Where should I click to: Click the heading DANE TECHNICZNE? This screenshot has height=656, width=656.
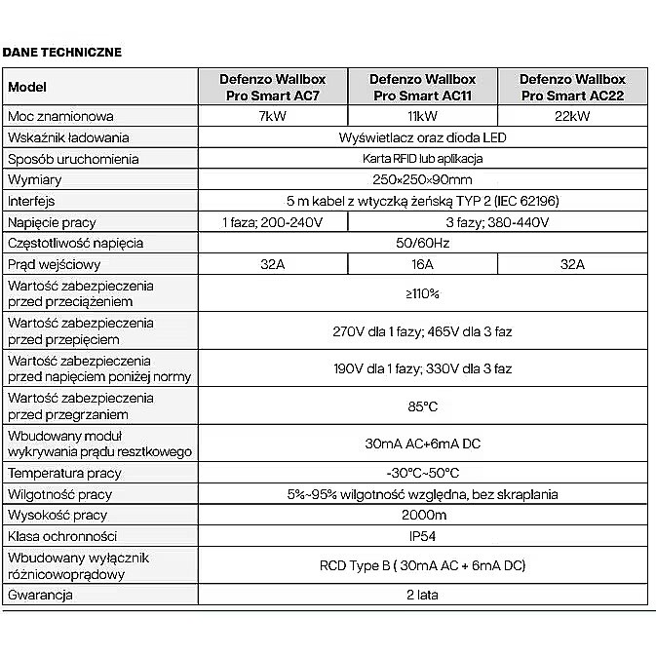pyautogui.click(x=62, y=53)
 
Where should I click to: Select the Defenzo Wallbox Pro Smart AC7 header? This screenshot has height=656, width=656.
pyautogui.click(x=273, y=87)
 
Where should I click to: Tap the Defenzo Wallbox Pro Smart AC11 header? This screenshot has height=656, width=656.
pyautogui.click(x=423, y=87)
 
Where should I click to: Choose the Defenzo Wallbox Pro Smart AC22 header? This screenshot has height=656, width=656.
pyautogui.click(x=572, y=87)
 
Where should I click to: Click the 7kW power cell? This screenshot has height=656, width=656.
pyautogui.click(x=273, y=117)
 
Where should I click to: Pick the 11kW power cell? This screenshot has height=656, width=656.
pyautogui.click(x=423, y=117)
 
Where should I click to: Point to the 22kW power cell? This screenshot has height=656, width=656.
pyautogui.click(x=572, y=117)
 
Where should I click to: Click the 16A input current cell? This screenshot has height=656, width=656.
pyautogui.click(x=423, y=264)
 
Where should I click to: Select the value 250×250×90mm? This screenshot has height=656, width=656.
pyautogui.click(x=423, y=180)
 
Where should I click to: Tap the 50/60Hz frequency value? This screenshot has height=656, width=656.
pyautogui.click(x=423, y=243)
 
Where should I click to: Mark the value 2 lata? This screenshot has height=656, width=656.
pyautogui.click(x=423, y=595)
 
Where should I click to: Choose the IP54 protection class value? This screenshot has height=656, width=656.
pyautogui.click(x=423, y=536)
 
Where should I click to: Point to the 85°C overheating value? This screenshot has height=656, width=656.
pyautogui.click(x=423, y=406)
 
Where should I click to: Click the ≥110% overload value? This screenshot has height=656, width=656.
pyautogui.click(x=423, y=293)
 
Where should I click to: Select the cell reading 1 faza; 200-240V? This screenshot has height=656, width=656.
pyautogui.click(x=273, y=222)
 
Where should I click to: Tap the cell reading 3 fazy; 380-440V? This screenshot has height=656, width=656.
pyautogui.click(x=497, y=222)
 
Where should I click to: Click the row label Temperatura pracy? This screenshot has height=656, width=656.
pyautogui.click(x=64, y=473)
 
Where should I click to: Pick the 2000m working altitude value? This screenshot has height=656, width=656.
pyautogui.click(x=423, y=515)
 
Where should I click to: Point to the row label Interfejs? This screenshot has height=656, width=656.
pyautogui.click(x=36, y=201)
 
